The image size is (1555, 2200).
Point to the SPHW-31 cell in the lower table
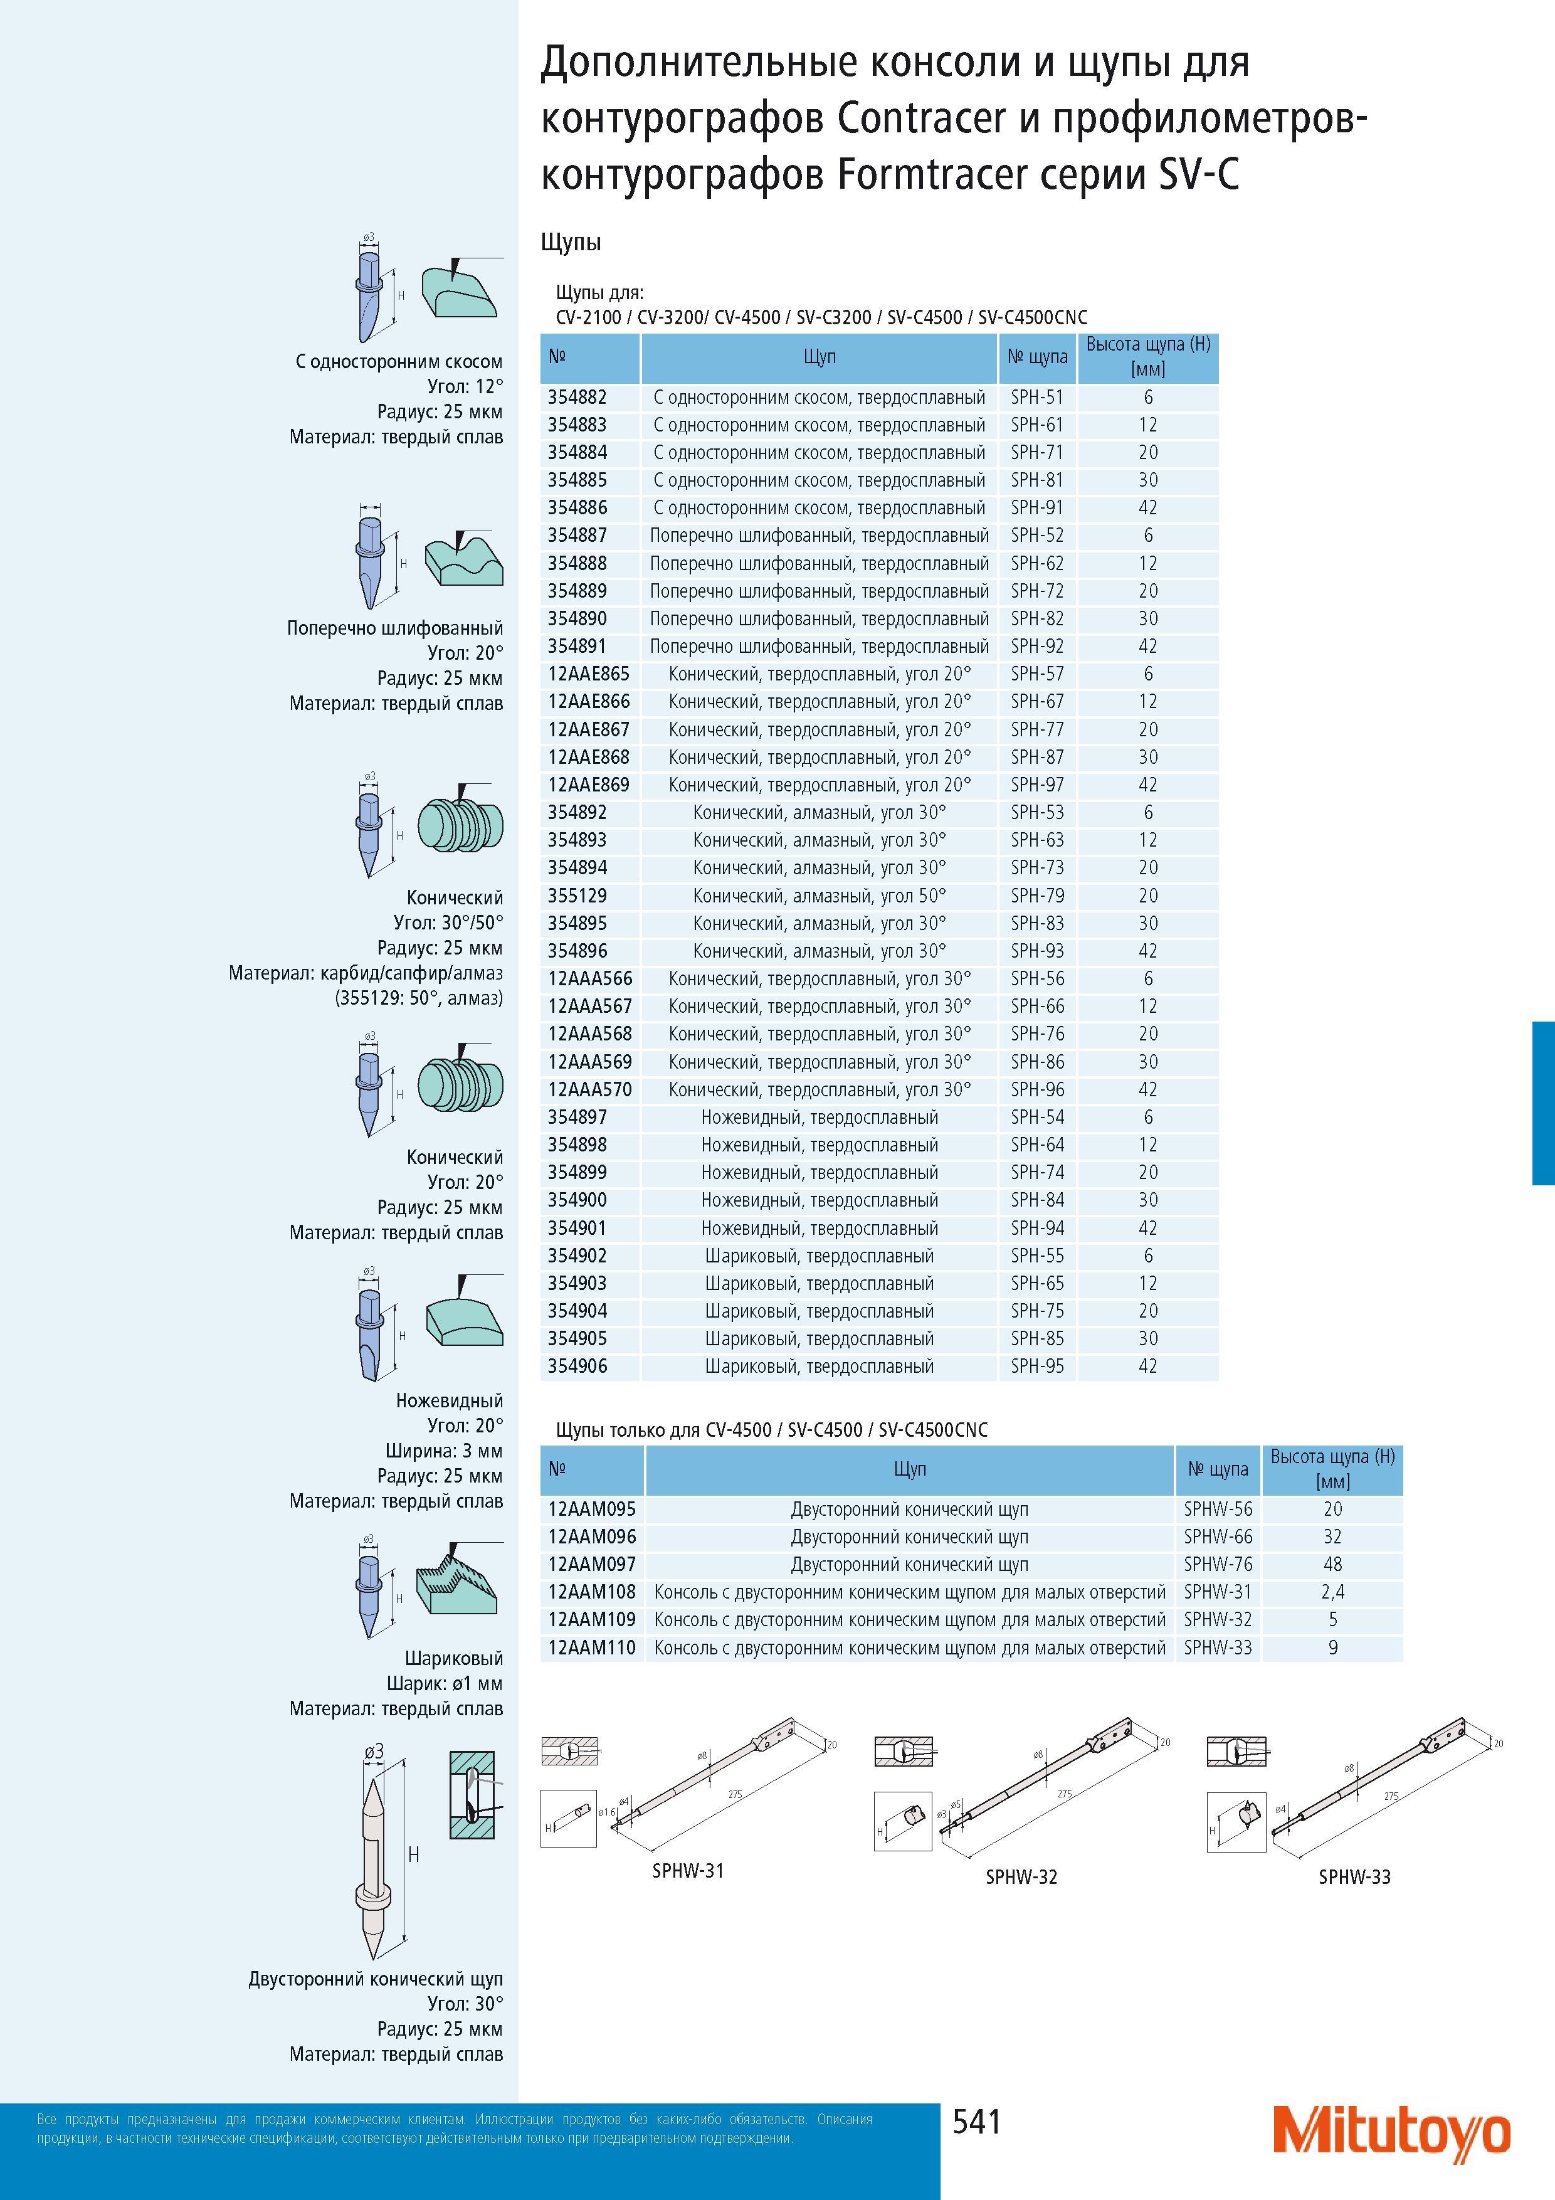(x=1218, y=1592)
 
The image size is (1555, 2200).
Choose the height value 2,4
(x=1332, y=1592)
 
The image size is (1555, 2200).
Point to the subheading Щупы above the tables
(x=571, y=243)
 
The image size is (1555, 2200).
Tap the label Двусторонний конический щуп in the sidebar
(x=376, y=1978)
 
